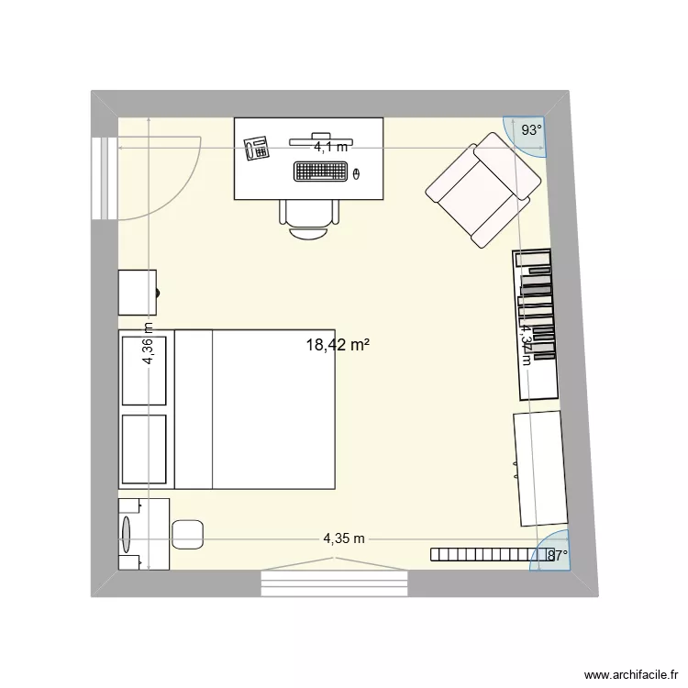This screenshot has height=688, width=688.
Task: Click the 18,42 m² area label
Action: coord(338,345)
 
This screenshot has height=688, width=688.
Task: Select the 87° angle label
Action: coord(558,554)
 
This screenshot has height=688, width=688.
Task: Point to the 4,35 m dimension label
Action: coord(344,538)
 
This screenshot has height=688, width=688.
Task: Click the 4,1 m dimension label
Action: coord(331,146)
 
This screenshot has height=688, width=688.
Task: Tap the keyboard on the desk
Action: coord(321,171)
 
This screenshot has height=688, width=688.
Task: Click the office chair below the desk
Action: coord(309,218)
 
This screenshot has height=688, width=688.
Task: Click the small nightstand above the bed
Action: coord(138,293)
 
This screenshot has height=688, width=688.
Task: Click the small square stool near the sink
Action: coord(187,534)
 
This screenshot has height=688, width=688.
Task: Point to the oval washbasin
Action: coord(127,533)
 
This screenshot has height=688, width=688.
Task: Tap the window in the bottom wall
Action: coord(334,581)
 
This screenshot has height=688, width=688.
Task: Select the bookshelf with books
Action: coord(537,323)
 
